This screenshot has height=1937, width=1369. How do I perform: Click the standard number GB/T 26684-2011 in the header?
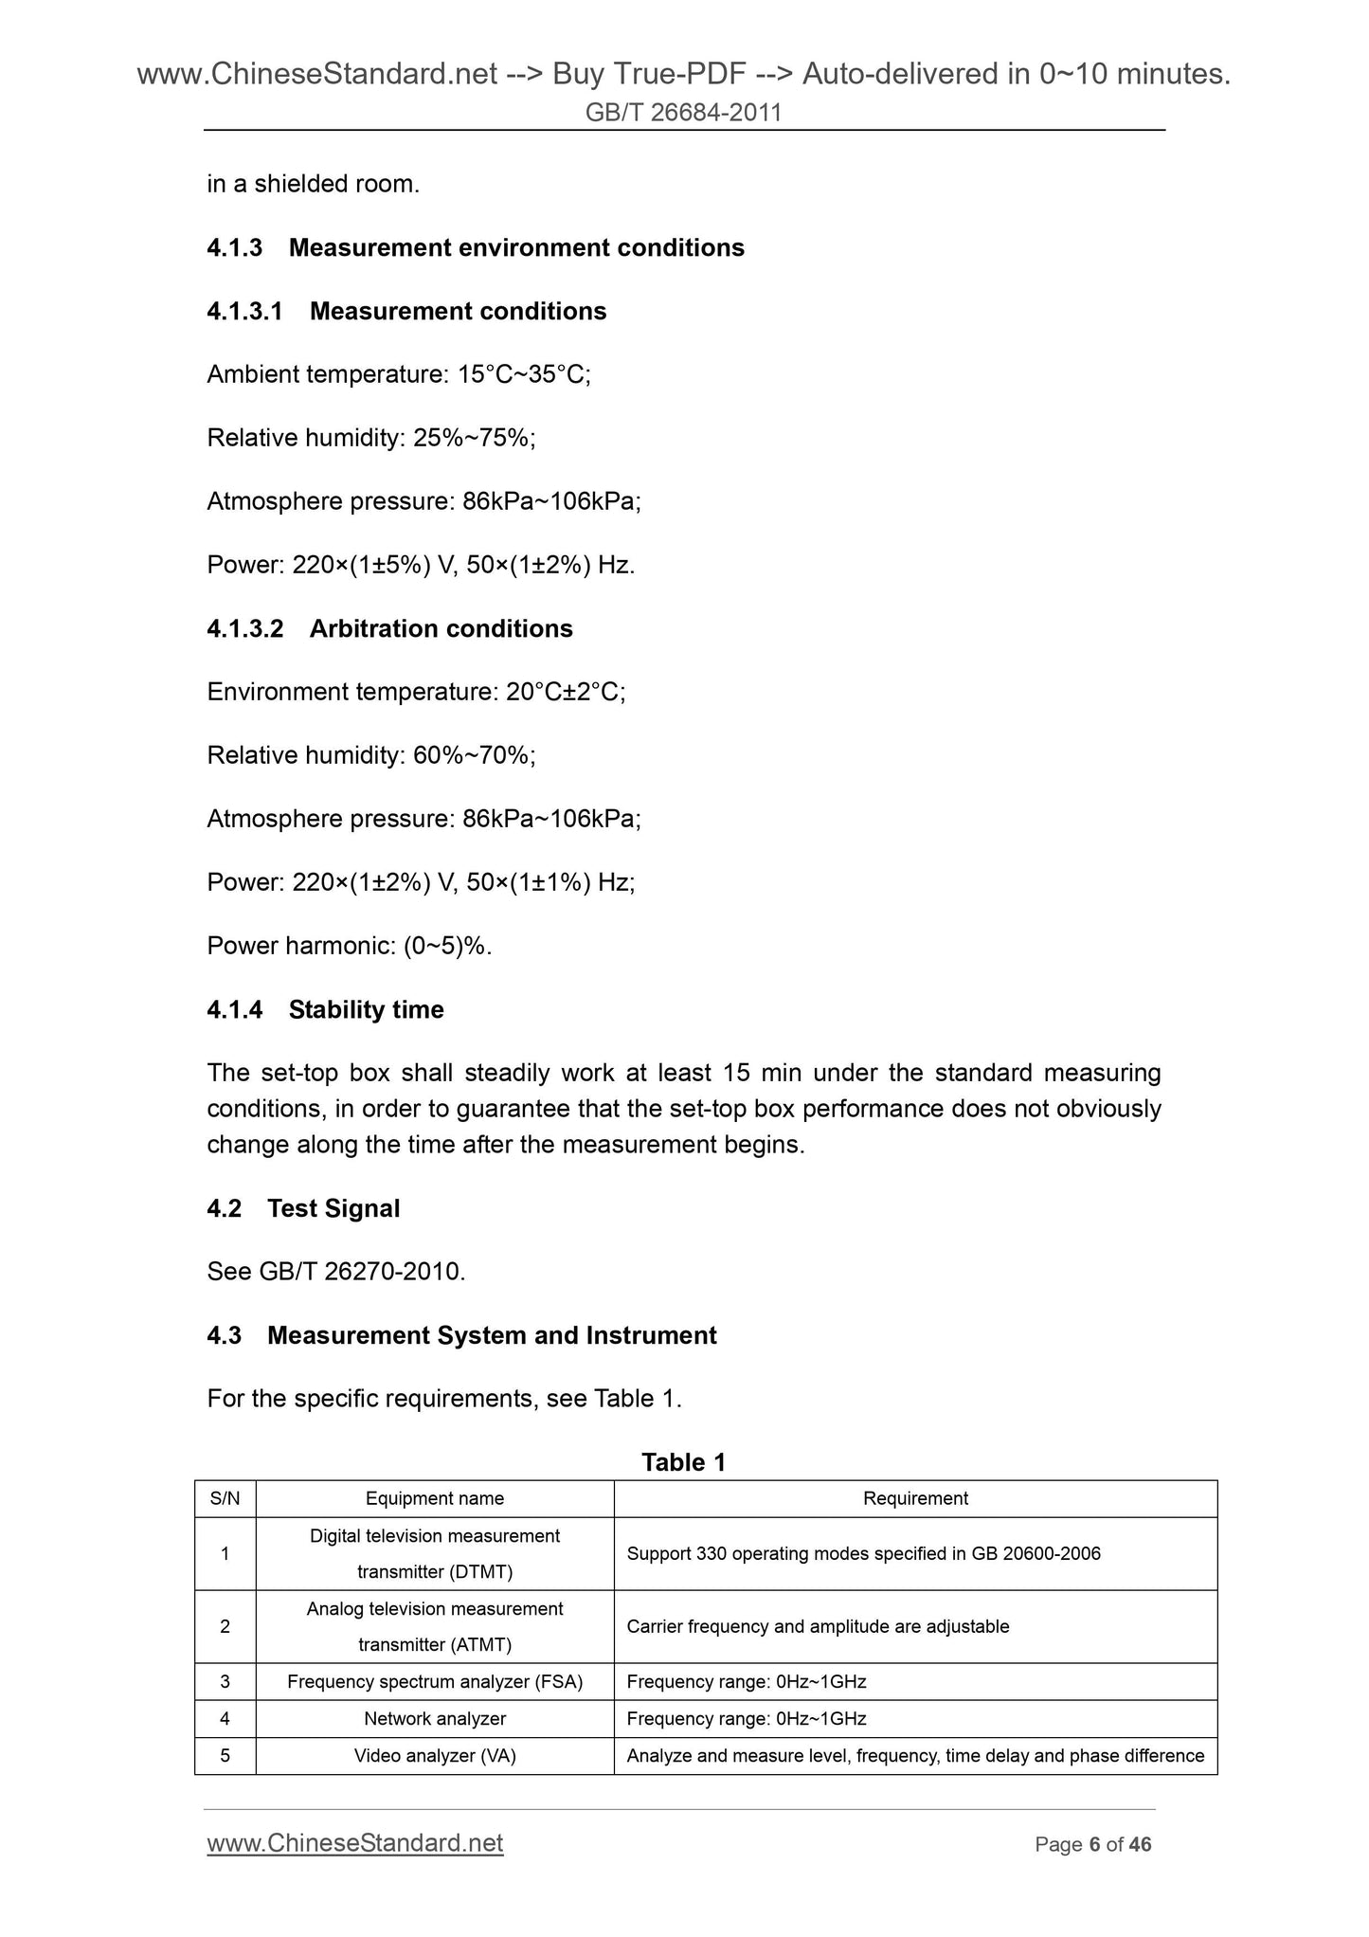pyautogui.click(x=683, y=113)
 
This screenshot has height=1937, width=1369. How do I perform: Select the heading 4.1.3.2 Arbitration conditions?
pyautogui.click(x=389, y=628)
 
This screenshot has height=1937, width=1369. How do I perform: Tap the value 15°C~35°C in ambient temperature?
pyautogui.click(x=524, y=374)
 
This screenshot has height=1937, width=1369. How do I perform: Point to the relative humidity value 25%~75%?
pyautogui.click(x=474, y=438)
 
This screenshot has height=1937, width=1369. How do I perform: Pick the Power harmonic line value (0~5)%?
pyautogui.click(x=447, y=946)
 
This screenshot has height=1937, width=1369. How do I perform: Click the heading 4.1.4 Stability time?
pyautogui.click(x=325, y=1009)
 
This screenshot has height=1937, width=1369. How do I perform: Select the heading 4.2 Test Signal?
pyautogui.click(x=303, y=1208)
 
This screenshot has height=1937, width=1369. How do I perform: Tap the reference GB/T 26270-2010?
pyautogui.click(x=361, y=1272)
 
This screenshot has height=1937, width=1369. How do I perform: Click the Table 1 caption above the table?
pyautogui.click(x=683, y=1462)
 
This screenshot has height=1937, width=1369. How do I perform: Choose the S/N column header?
pyautogui.click(x=225, y=1498)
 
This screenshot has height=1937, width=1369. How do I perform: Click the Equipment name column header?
pyautogui.click(x=435, y=1498)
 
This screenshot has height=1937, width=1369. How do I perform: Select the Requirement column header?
pyautogui.click(x=915, y=1498)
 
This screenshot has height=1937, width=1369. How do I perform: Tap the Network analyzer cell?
pyautogui.click(x=435, y=1718)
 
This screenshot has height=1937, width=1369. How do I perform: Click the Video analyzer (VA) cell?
pyautogui.click(x=435, y=1755)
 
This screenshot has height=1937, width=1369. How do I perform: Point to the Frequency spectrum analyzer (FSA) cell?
pyautogui.click(x=435, y=1681)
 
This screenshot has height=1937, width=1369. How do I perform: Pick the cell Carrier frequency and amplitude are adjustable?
pyautogui.click(x=818, y=1626)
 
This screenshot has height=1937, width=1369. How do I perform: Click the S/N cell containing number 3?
pyautogui.click(x=225, y=1681)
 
